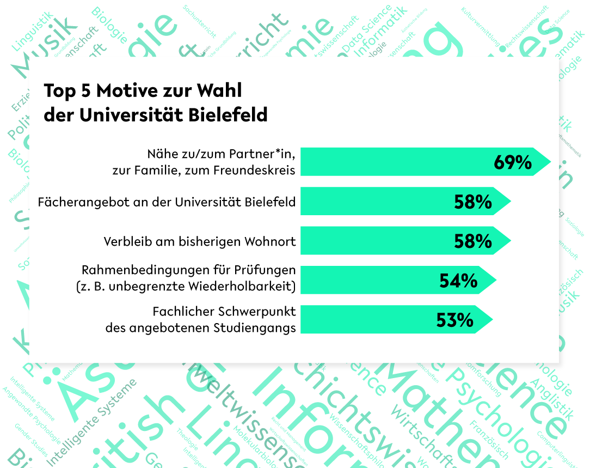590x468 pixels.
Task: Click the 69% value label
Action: (513, 162)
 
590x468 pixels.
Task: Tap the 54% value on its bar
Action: (458, 281)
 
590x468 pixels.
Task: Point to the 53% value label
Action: (454, 320)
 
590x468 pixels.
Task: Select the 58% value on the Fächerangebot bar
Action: (473, 202)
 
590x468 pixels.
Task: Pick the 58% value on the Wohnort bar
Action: (473, 241)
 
